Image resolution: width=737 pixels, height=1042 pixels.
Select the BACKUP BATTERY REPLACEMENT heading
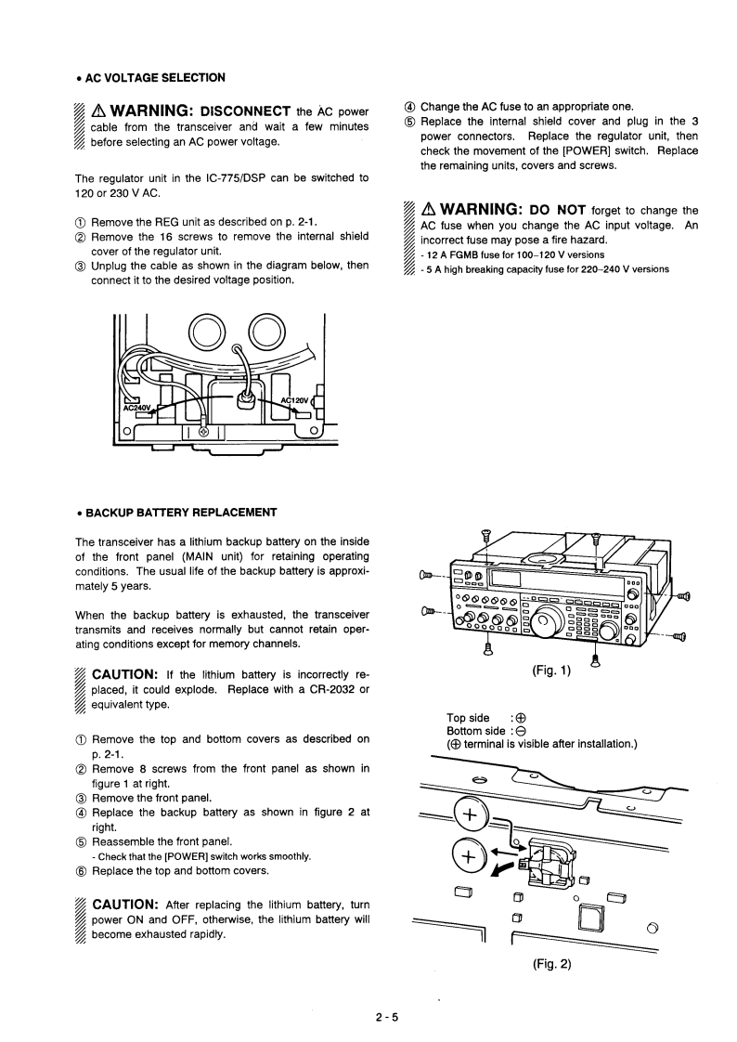pyautogui.click(x=181, y=512)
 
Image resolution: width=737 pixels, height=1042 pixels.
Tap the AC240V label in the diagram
pyautogui.click(x=136, y=406)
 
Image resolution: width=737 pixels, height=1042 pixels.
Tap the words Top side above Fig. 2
pyautogui.click(x=468, y=717)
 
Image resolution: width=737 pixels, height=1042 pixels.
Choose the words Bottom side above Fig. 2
pyautogui.click(x=475, y=731)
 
